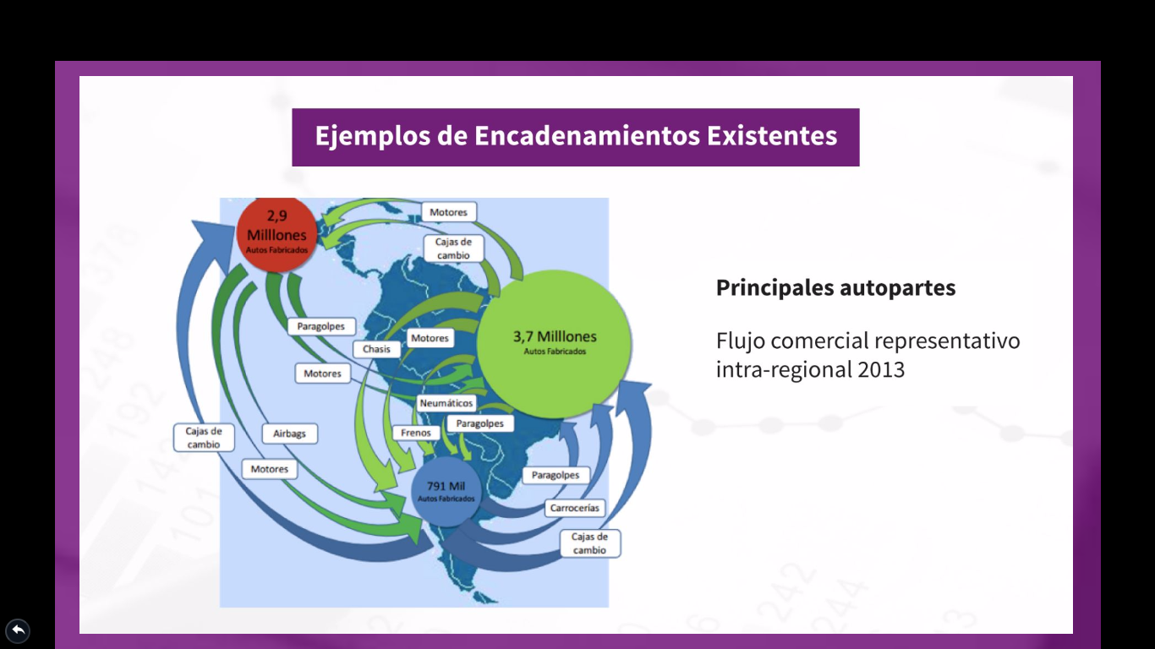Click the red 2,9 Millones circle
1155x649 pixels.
coord(276,234)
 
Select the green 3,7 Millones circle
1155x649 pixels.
coord(555,344)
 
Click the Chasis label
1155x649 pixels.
coord(376,349)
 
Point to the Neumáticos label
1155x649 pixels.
coord(446,403)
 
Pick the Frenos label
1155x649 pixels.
coord(416,433)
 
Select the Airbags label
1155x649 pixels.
coord(289,434)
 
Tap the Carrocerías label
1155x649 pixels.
coord(574,508)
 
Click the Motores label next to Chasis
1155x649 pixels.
coord(430,338)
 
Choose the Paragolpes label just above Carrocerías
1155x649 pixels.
coord(556,475)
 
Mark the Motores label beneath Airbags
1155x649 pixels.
coord(269,469)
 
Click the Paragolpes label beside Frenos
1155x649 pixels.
coord(479,423)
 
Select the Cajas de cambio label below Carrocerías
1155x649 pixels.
coord(589,543)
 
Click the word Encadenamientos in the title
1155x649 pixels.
coord(588,136)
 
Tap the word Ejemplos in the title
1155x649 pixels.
coord(373,137)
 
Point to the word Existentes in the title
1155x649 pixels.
coord(772,136)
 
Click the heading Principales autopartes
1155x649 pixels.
coord(836,287)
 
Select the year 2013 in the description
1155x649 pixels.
coord(881,369)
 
